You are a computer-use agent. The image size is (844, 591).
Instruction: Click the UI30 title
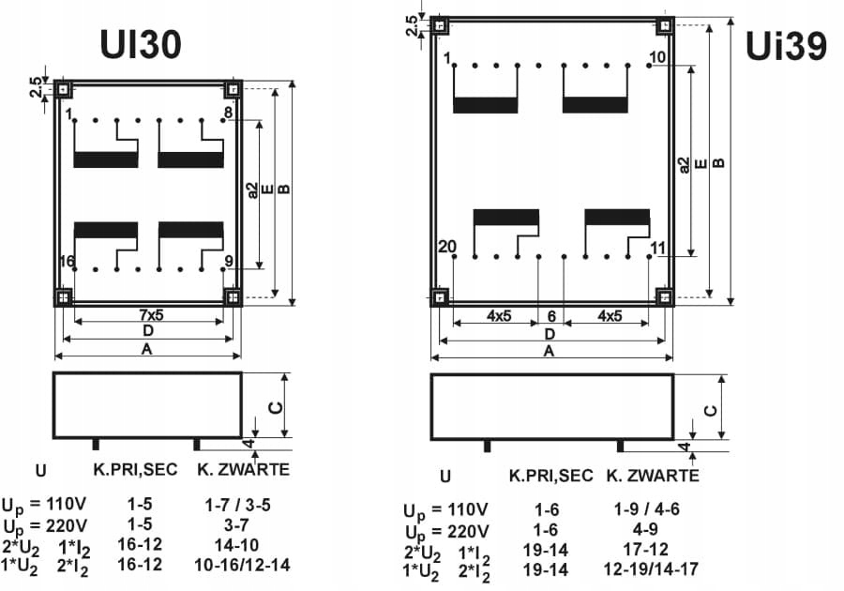coord(140,45)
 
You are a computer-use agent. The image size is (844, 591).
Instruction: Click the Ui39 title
coord(786,44)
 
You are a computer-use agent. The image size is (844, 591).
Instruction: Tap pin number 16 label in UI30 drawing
coord(68,261)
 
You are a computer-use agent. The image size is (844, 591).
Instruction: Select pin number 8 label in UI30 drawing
coord(228,114)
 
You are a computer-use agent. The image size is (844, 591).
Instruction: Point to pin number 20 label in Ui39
coord(447,247)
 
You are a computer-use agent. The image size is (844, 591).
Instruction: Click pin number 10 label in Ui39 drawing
coord(656,58)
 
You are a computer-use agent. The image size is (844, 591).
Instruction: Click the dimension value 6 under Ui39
coord(550,316)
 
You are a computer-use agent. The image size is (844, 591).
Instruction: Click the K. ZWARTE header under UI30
coord(243,468)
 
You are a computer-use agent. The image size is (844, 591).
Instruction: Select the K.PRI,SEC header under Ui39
coord(550,476)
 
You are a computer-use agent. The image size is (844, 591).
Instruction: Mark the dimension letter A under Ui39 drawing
coord(549,351)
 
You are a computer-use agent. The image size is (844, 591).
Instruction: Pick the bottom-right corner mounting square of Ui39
coord(664,298)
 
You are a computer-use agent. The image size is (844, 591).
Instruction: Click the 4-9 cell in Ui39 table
coord(645,529)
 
